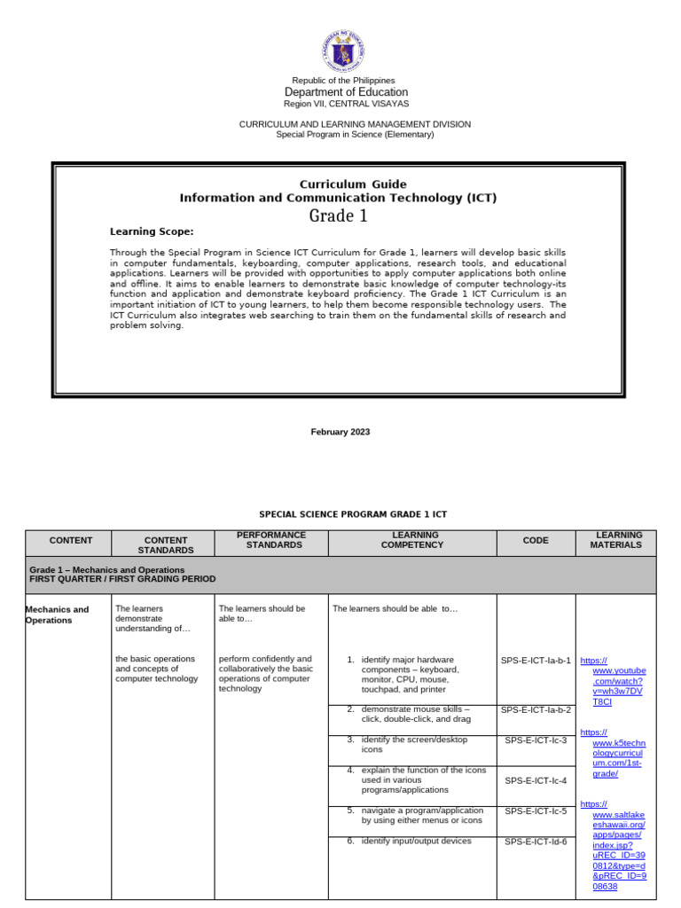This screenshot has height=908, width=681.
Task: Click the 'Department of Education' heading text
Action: click(346, 92)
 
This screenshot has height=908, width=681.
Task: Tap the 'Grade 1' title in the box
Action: click(338, 216)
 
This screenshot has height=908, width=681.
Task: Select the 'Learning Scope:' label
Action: click(151, 231)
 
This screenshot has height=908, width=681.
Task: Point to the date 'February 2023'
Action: click(340, 432)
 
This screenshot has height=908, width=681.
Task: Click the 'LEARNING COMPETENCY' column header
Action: click(412, 540)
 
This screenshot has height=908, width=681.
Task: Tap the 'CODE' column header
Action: click(536, 540)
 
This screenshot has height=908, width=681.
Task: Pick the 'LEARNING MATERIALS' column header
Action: click(615, 540)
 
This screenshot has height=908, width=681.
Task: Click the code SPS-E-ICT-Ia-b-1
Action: click(536, 661)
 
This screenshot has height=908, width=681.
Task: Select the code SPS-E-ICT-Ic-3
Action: click(536, 740)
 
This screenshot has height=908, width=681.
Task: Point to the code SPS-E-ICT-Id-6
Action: click(536, 842)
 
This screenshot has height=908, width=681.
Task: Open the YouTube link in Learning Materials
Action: click(614, 681)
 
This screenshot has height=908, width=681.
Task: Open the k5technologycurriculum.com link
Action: click(614, 753)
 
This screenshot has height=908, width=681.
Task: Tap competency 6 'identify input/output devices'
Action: click(415, 841)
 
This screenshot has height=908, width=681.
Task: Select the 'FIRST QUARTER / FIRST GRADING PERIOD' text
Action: click(122, 579)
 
